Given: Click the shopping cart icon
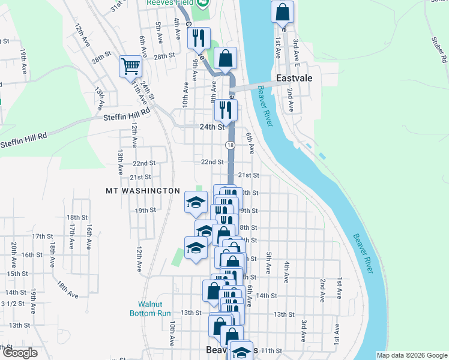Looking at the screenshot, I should (x=130, y=66).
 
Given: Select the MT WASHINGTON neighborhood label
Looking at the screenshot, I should (x=143, y=191).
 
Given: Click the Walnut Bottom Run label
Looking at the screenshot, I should (x=151, y=308).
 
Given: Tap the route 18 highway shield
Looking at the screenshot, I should (x=230, y=145).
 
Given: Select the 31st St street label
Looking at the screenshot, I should (x=118, y=6).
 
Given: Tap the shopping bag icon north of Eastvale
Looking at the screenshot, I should (x=282, y=11).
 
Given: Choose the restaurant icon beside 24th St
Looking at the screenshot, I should (x=225, y=109).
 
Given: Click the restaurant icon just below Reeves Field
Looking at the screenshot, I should (x=197, y=38).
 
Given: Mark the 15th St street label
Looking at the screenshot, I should (x=18, y=274).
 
